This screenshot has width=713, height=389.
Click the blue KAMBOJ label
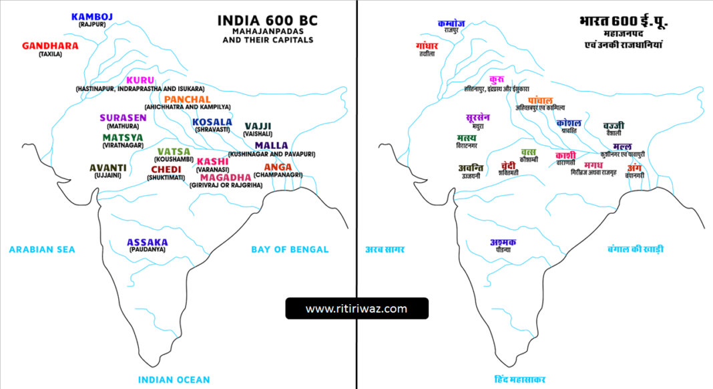pos(93,16)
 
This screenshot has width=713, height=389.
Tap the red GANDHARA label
pos(50,46)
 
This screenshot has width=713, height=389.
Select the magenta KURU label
pos(140,80)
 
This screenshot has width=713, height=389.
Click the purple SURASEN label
pos(123,118)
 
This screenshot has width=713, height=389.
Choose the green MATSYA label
pos(123,137)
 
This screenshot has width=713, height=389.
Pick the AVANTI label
pos(107,167)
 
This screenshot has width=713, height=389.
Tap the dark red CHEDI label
pos(166,169)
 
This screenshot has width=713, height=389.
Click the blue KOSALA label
pos(212,122)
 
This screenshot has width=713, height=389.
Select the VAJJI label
pos(258,126)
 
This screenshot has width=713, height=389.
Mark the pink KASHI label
pos(212,161)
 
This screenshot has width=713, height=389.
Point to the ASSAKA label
pos(148,242)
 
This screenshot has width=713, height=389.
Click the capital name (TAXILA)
pos(50,54)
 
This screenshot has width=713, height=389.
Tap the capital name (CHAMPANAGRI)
pos(278,174)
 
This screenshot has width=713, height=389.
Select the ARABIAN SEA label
pos(42,249)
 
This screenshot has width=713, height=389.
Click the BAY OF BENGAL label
pos(290,249)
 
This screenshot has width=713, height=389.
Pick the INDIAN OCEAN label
pos(174,380)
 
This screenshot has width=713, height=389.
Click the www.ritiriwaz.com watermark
pos(356,308)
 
